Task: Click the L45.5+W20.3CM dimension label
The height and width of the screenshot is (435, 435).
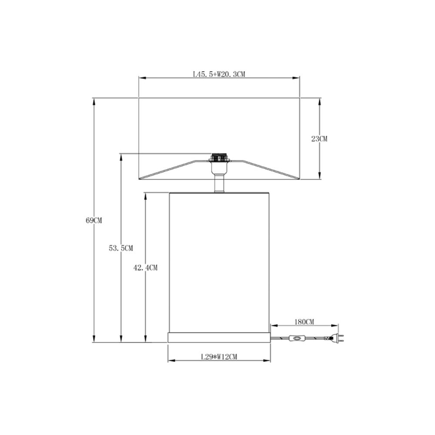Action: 219,74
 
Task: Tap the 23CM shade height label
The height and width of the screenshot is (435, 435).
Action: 319,139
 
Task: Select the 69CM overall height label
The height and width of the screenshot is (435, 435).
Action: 94,221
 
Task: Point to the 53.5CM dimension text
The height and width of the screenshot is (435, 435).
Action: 121,248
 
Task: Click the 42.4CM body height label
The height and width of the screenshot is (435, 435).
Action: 145,268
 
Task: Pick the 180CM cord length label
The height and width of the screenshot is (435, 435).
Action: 304,321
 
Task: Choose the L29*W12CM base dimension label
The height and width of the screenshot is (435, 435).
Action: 219,357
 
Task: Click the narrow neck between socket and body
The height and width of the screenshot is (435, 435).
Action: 219,183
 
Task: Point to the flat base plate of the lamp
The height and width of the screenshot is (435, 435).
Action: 219,337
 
